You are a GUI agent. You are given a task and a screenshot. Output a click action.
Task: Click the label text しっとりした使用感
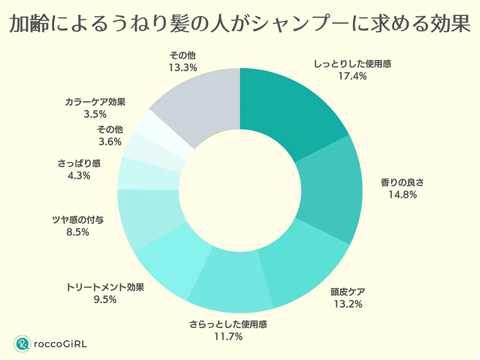(352, 64)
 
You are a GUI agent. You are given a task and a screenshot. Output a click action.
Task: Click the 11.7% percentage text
(228, 336)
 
